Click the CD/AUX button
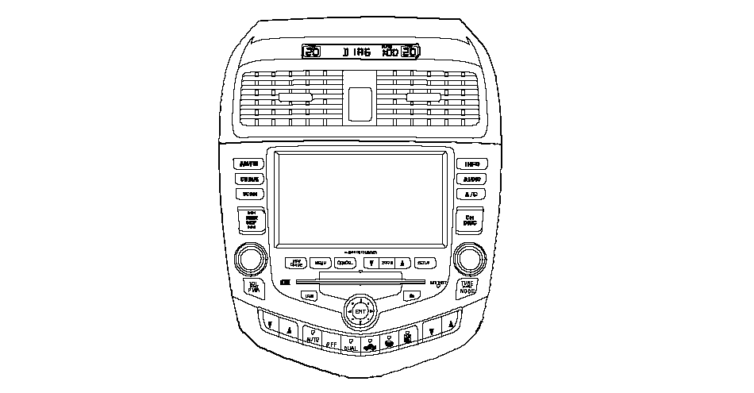249,179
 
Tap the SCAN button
249,194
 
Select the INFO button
471,164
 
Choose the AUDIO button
471,179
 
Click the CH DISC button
470,220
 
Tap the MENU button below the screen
321,263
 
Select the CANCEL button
345,263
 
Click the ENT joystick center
360,312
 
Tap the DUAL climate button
350,345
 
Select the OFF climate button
332,343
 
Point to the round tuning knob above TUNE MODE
469,259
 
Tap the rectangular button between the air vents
360,100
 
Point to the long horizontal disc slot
360,282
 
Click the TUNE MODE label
467,287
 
